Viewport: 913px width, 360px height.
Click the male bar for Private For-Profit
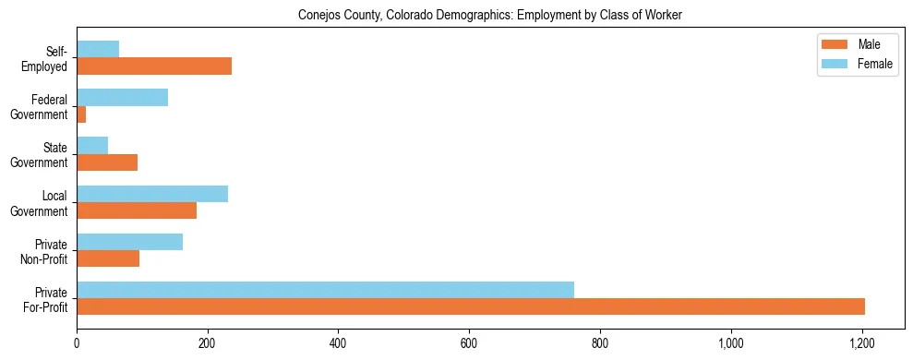point(471,307)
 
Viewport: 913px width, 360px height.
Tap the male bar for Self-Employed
point(154,66)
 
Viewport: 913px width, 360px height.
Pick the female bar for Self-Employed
point(98,49)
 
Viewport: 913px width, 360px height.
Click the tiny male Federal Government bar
point(81,114)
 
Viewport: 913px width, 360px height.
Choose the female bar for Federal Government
point(122,97)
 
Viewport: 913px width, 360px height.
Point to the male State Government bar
point(107,162)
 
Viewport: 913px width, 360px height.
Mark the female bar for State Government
point(92,145)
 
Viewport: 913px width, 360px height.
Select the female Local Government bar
point(152,194)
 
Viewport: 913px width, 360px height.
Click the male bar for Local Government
point(137,211)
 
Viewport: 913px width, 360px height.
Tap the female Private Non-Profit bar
point(129,242)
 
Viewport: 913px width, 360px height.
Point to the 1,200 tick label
point(862,343)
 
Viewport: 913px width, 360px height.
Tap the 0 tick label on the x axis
point(77,343)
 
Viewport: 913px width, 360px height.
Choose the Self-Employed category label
point(49,58)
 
